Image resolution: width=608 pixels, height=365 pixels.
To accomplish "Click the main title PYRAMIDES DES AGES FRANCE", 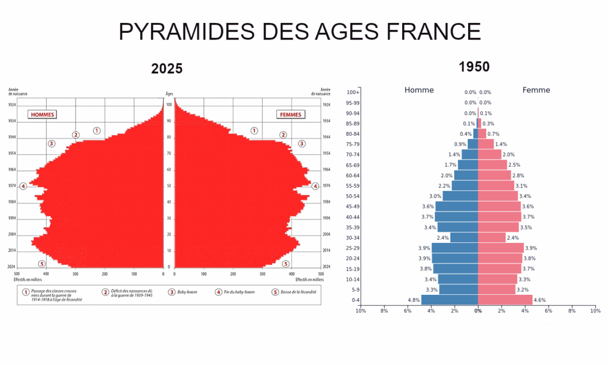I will (300, 32).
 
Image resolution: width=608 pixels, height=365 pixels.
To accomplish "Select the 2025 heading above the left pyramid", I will (167, 69).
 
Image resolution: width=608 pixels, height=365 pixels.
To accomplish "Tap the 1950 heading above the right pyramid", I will (474, 67).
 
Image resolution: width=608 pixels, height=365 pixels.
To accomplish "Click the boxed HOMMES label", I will (42, 114).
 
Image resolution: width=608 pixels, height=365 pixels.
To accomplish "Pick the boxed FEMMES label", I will (290, 114).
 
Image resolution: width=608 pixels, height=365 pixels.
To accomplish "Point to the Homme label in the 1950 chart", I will (419, 90).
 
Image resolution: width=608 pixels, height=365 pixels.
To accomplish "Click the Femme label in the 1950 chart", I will (536, 90).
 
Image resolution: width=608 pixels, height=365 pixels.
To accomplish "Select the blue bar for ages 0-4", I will (450, 300).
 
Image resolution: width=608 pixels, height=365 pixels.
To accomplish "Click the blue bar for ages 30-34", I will (464, 238).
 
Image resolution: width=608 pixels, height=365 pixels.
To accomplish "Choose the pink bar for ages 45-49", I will (499, 206).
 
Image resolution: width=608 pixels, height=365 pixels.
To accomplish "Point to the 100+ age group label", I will (353, 93).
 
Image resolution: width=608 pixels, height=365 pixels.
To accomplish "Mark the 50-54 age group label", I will (353, 197).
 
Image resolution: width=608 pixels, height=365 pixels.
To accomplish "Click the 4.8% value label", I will (414, 300).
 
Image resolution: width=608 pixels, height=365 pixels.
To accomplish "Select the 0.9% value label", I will (460, 144).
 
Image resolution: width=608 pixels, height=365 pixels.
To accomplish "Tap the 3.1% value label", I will (521, 186).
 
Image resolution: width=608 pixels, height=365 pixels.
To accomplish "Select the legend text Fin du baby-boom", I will (242, 293).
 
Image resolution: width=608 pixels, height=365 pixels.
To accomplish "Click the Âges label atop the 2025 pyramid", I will (169, 94).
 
